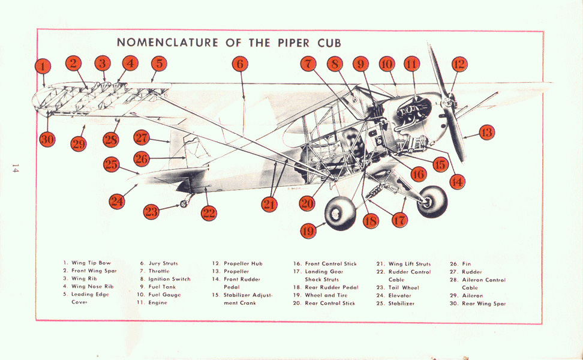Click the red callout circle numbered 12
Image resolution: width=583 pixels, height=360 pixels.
[459, 64]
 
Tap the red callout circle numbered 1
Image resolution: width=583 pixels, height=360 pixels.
[43, 67]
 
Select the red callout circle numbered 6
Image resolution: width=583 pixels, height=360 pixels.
[240, 64]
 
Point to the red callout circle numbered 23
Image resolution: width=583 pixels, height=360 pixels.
[151, 212]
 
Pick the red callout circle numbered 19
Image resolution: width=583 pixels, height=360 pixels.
[308, 231]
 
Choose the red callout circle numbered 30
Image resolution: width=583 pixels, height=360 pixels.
[47, 139]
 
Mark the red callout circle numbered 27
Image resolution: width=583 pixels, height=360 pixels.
[142, 137]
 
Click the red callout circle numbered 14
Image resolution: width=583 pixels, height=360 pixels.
[457, 182]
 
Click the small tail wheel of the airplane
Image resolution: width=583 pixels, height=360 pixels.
[184, 203]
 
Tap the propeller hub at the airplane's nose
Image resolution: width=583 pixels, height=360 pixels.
[447, 101]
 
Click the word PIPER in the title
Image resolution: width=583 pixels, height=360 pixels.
[293, 43]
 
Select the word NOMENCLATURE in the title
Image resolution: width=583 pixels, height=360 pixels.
[168, 43]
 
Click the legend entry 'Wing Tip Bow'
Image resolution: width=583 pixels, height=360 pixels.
[91, 263]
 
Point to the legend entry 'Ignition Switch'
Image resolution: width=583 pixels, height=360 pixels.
[169, 279]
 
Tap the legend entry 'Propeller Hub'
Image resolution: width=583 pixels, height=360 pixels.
[243, 263]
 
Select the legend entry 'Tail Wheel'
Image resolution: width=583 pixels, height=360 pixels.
[404, 287]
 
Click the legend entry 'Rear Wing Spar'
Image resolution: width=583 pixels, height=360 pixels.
[483, 304]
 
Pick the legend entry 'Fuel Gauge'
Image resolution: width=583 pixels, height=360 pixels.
[164, 295]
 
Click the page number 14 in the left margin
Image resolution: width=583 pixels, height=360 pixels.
[15, 168]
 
